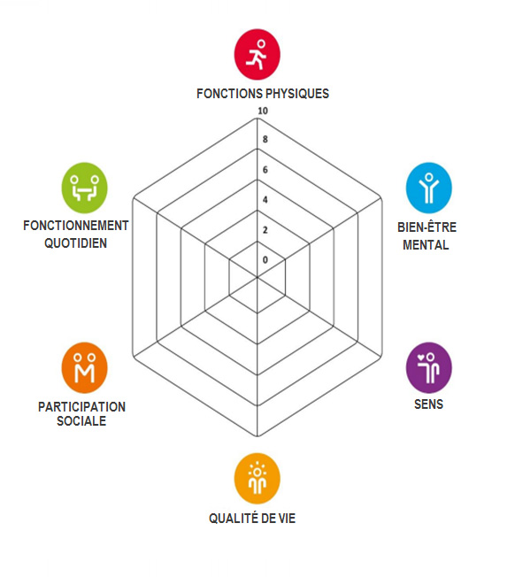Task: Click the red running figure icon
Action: pos(257,55)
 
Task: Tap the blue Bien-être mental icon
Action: pos(428,188)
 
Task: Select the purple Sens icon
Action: pos(428,367)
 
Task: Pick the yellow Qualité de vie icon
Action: pos(257,479)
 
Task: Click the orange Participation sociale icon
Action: pos(85,367)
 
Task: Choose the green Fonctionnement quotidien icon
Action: pos(85,188)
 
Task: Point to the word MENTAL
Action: pos(426,245)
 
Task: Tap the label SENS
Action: pos(428,404)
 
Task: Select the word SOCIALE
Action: pos(81,420)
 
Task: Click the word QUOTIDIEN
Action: pos(76,243)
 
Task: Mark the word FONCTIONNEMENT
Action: pos(76,225)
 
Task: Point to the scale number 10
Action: pos(263,111)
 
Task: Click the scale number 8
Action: pos(265,139)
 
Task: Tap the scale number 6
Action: pos(265,170)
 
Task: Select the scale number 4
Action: pos(265,200)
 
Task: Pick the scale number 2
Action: pos(265,230)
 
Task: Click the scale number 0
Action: pos(265,260)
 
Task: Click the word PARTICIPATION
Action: pos(81,406)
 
